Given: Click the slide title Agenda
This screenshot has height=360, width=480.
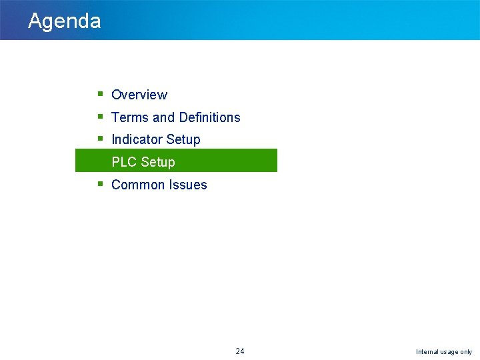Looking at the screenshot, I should (64, 21).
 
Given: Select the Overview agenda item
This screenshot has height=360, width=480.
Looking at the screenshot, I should (139, 95).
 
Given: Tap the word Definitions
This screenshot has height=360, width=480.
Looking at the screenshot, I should (209, 118).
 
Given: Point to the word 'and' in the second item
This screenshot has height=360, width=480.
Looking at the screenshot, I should (163, 118).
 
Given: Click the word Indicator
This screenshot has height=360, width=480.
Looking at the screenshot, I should (136, 140).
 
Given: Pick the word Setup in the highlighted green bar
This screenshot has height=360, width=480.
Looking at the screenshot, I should (158, 163).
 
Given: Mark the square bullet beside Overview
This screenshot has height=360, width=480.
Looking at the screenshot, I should (99, 94).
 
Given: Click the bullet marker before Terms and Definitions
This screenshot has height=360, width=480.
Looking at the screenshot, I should (99, 117).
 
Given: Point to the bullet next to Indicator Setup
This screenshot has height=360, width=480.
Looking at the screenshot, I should (99, 139).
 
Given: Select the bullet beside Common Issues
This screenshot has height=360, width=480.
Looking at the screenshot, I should (99, 184).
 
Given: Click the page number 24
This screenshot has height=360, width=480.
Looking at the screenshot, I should (240, 351).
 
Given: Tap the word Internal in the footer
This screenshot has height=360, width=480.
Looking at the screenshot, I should (428, 352).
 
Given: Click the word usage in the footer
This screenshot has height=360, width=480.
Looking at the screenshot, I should (450, 352).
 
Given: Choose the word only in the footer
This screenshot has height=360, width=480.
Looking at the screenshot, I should (467, 352).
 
